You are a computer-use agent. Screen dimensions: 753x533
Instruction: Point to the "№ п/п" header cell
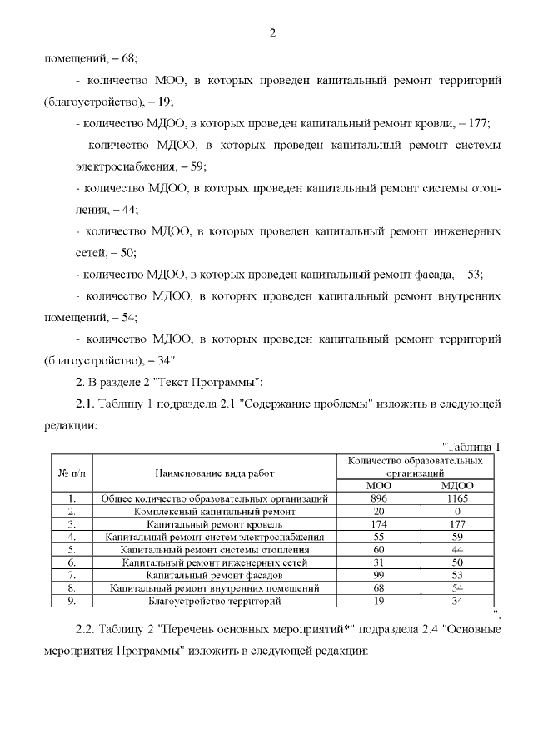point(71,473)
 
